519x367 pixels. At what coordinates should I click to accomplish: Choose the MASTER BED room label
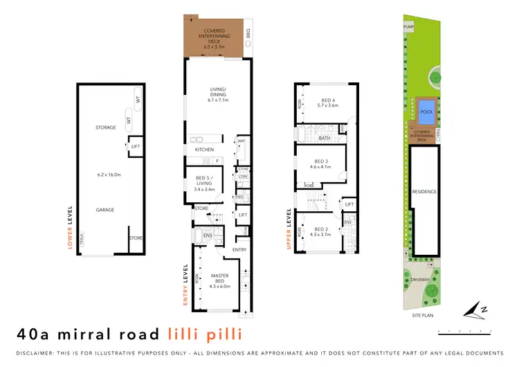click(x=219, y=278)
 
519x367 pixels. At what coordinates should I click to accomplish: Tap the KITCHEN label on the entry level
click(x=204, y=150)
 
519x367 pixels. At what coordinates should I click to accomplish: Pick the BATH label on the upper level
click(x=325, y=138)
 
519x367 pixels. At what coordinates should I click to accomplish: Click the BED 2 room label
click(x=321, y=229)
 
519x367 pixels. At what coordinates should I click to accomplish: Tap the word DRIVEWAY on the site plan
click(x=420, y=280)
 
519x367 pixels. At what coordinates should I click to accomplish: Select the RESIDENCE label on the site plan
click(x=424, y=191)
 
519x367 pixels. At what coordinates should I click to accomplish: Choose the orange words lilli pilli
click(x=204, y=334)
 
